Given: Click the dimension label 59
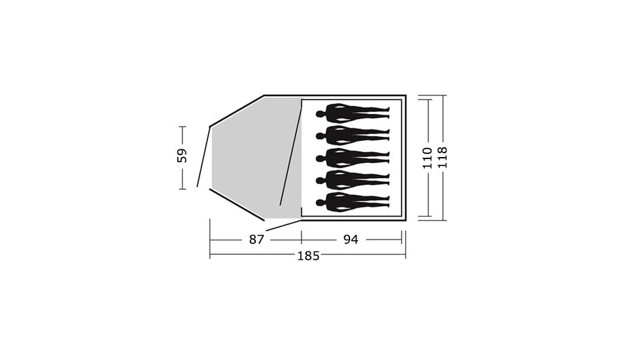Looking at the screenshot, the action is (182, 156).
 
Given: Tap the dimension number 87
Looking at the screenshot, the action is (257, 240).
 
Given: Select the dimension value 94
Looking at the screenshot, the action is (351, 240).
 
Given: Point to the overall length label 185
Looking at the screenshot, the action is (308, 256).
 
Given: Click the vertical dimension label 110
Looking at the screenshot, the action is (427, 158).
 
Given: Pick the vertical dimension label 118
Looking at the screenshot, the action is (442, 158).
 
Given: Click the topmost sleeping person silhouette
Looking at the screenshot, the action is (353, 113).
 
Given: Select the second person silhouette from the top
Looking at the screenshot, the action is (353, 135).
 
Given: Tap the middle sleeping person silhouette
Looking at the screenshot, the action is (353, 158).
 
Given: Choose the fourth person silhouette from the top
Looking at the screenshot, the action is (353, 180).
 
